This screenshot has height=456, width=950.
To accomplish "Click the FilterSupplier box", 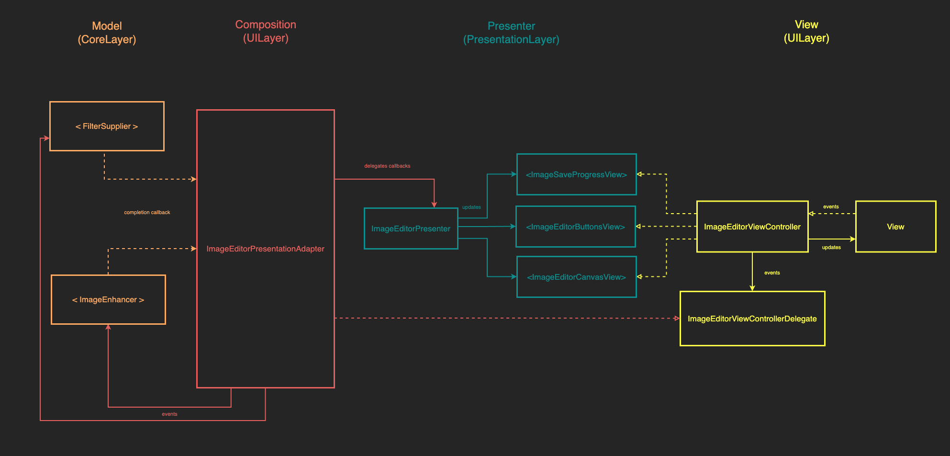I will click(x=107, y=126).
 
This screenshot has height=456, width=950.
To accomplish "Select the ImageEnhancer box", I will click(x=108, y=300).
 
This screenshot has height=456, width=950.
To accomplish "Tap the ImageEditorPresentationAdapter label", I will click(x=265, y=249).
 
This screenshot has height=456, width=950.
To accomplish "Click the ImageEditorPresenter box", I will click(x=411, y=229).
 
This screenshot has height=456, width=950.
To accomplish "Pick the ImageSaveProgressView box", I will click(x=576, y=175).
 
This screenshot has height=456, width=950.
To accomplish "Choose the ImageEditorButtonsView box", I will click(x=575, y=227).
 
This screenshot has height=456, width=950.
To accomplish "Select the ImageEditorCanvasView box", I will click(x=576, y=277).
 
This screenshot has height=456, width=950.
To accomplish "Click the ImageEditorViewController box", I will click(x=752, y=227).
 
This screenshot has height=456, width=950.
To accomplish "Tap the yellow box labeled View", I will click(x=895, y=227).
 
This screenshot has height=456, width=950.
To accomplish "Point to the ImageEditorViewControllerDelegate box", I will click(x=752, y=319).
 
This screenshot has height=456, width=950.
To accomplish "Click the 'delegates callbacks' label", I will click(x=387, y=166).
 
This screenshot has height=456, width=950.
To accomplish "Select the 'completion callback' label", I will click(x=147, y=213).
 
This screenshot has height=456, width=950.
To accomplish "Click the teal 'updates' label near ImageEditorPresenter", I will click(x=471, y=207).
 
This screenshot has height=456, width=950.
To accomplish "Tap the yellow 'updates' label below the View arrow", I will click(x=831, y=248).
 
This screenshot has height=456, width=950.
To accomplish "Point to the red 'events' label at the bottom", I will click(x=169, y=414).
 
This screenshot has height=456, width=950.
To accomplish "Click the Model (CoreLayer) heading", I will click(x=107, y=33).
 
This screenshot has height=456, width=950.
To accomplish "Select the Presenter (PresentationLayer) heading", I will click(x=511, y=33).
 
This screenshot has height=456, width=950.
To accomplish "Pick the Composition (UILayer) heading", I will click(x=266, y=31).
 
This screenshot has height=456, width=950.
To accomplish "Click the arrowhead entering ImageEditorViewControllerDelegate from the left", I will click(x=677, y=319).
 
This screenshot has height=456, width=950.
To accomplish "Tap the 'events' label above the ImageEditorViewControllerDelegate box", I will click(x=772, y=273).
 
